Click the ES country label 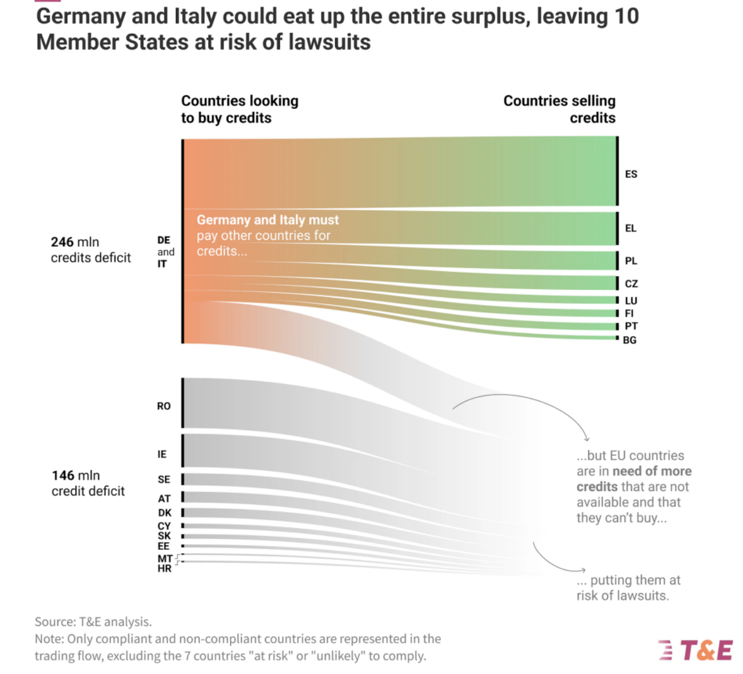(x=631, y=174)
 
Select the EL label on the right (x=631, y=228)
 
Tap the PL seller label (x=631, y=261)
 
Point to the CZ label (x=631, y=284)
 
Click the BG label (x=629, y=340)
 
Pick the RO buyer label (x=164, y=406)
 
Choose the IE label (x=162, y=454)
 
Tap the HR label (x=164, y=569)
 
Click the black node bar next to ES (x=617, y=171)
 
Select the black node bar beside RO (x=183, y=403)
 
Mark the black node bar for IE (x=183, y=451)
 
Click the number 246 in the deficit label (x=62, y=242)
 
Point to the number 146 (x=63, y=476)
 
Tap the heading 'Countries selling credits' (x=559, y=109)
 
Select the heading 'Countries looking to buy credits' (x=239, y=109)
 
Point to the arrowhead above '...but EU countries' (x=587, y=439)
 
